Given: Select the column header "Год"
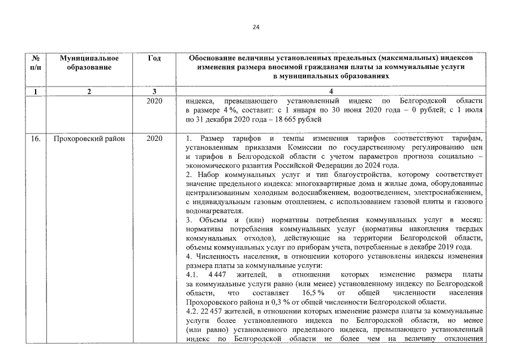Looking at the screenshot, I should point(154,58).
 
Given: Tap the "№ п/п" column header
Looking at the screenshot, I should point(36,63).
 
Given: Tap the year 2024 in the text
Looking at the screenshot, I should point(375,166).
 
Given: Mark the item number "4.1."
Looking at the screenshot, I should point(192,274).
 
